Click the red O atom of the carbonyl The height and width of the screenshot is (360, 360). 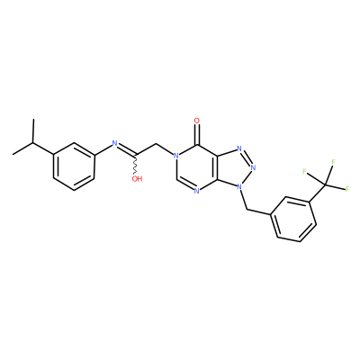[x=197, y=121]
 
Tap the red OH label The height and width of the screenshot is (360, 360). [x=137, y=179]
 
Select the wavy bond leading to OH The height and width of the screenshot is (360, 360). [x=136, y=165]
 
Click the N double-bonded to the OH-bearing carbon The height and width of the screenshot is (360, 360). [x=114, y=143]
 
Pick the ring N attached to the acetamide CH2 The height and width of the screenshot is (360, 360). [x=175, y=156]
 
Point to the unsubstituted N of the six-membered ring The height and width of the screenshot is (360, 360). [x=196, y=191]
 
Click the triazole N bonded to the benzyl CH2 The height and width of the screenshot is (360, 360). [x=238, y=186]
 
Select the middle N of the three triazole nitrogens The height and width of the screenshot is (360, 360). [x=254, y=167]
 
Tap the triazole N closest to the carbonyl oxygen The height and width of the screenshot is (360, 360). [x=239, y=148]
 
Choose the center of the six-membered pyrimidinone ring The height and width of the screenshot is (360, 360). [x=197, y=167]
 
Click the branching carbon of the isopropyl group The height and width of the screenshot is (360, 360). [x=33, y=143]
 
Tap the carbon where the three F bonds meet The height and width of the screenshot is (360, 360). [x=326, y=183]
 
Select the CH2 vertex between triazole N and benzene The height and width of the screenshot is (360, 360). [x=247, y=210]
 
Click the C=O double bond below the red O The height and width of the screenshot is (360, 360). [x=197, y=134]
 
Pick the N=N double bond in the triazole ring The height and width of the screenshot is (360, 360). [x=247, y=157]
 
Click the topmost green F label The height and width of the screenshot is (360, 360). [x=333, y=162]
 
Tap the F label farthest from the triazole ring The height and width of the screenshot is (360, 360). [x=347, y=189]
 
